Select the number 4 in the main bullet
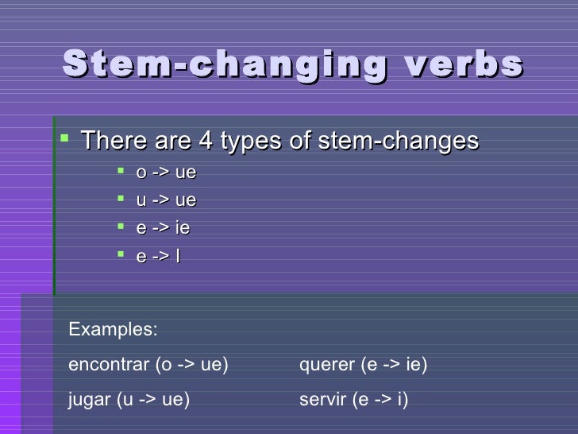coord(205,141)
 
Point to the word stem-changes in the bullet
coord(398,141)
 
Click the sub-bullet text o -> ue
coord(166,172)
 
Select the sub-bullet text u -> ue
coord(166,200)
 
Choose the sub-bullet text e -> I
coord(158,256)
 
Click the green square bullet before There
coord(65,140)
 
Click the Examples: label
coord(113,330)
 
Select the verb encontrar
coord(109,365)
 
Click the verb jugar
coord(90,400)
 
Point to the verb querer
coord(326,365)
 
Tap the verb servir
coord(322,400)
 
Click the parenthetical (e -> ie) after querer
coord(394,365)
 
